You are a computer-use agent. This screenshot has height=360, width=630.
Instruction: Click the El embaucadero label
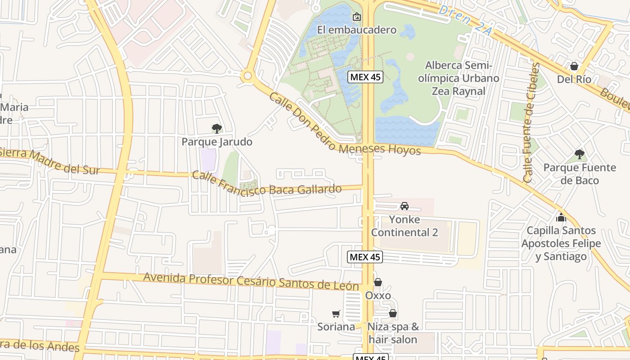[357, 30]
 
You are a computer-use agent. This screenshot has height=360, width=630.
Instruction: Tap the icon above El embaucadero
[357, 17]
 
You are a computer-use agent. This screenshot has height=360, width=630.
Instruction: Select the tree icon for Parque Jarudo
[217, 129]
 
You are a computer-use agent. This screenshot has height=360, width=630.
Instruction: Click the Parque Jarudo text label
[217, 142]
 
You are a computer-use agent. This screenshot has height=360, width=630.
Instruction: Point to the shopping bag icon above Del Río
[574, 67]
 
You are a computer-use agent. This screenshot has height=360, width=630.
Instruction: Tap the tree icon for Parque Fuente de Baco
[580, 154]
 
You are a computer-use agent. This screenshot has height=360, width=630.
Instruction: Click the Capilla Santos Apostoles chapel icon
[561, 218]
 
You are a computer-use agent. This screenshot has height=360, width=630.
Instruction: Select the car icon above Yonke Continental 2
[405, 206]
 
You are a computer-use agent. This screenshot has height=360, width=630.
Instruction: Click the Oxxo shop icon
[378, 283]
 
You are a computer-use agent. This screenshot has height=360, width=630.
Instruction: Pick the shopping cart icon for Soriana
[336, 314]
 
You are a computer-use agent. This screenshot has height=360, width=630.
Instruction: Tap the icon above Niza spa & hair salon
[393, 313]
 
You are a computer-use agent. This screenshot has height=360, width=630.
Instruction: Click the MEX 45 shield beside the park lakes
[365, 77]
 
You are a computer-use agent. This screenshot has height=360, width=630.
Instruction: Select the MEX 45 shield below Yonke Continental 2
[365, 257]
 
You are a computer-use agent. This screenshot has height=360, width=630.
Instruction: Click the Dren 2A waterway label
[467, 20]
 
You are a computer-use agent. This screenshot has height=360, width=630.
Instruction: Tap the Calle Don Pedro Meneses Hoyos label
[344, 128]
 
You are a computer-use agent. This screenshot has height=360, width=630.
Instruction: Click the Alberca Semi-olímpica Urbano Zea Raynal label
[459, 78]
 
